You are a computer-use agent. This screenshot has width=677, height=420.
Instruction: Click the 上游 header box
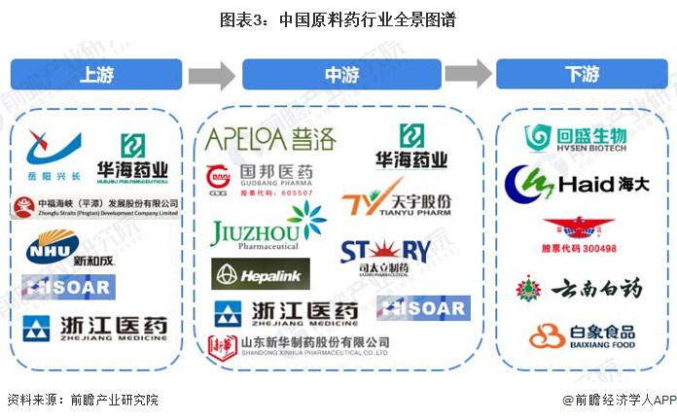point(96,74)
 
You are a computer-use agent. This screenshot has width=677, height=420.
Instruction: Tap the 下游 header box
point(581,74)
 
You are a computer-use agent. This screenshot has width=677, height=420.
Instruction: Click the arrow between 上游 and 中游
point(213,74)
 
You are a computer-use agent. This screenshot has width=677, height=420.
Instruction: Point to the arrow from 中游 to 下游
point(468,74)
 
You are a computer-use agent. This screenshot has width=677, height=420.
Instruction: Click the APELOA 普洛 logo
point(269,139)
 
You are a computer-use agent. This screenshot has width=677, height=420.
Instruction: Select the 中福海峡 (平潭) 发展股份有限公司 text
point(96,207)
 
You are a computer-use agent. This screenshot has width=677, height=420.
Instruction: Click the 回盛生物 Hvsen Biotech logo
point(573,137)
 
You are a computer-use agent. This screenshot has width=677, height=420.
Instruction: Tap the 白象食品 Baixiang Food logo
point(582,336)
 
